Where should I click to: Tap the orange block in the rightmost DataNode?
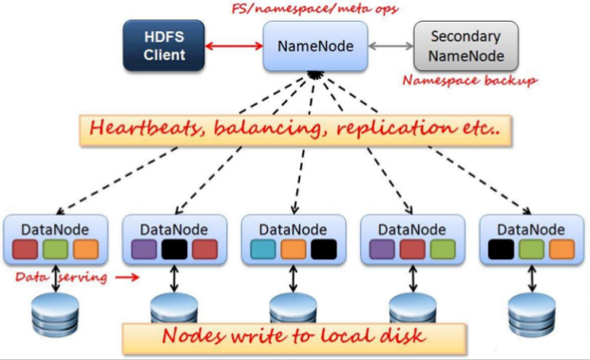(562, 251)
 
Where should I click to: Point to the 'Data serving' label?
(58, 277)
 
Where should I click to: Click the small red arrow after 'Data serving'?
(126, 278)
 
